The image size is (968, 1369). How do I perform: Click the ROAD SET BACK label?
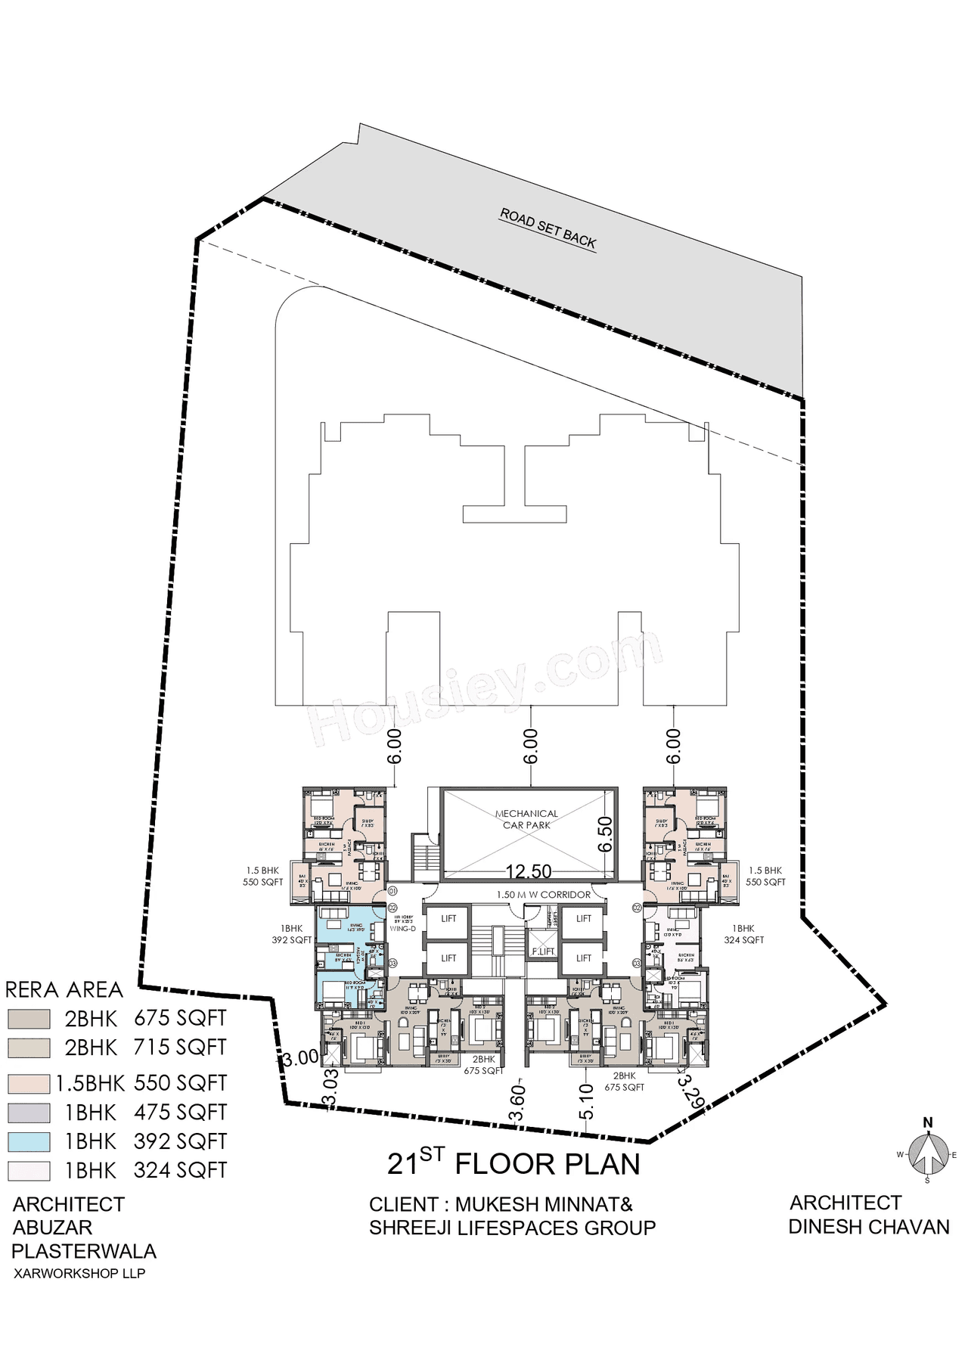point(548,229)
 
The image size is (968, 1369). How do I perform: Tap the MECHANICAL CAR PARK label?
point(526,819)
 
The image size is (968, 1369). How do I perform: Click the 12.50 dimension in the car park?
point(529,872)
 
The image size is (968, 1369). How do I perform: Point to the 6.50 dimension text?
point(604,834)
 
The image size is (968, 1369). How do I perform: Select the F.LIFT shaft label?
point(543,951)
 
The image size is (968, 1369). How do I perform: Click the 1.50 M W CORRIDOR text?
point(543,895)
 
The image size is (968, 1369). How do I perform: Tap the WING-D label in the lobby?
point(399,928)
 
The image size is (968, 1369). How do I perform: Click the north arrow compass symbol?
point(928,1153)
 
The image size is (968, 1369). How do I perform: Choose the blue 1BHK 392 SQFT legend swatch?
point(29,1141)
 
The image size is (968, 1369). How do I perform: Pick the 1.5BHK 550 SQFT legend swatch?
point(29,1083)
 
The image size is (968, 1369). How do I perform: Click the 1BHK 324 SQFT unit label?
point(743,934)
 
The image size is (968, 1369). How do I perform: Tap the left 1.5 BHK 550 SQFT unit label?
point(264,877)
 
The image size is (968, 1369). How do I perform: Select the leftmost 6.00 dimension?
point(394,747)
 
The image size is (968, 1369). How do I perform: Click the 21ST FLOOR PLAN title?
point(513,1164)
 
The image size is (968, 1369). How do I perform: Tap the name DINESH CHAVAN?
point(868,1227)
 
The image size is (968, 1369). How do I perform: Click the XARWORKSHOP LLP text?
point(79,1273)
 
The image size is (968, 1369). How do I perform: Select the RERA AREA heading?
point(64,989)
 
